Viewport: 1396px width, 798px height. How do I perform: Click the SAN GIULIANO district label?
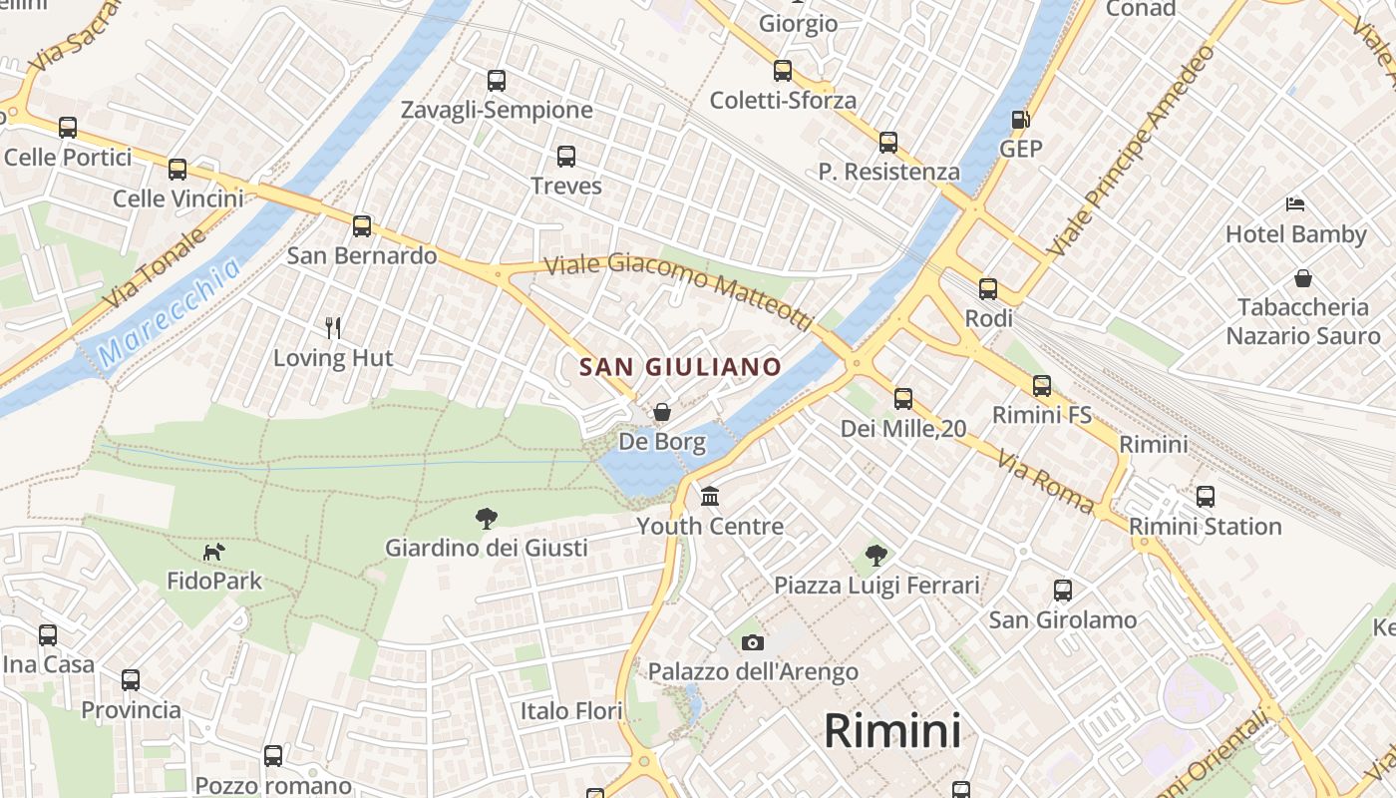click(x=681, y=367)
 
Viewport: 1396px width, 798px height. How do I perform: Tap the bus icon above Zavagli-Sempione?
click(x=496, y=81)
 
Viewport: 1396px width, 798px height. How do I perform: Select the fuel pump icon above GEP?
click(x=1020, y=120)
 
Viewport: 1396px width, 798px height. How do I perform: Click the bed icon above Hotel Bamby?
click(x=1295, y=204)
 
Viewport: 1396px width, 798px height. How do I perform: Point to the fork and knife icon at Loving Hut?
click(x=333, y=327)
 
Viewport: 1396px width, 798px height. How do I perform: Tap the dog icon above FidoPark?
click(x=213, y=551)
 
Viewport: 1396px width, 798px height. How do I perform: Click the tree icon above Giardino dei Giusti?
click(x=487, y=518)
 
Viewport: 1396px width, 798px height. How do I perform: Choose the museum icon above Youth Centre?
click(x=710, y=496)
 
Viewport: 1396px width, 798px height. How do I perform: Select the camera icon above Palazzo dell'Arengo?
click(x=753, y=642)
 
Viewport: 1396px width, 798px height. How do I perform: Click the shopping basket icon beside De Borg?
click(x=661, y=412)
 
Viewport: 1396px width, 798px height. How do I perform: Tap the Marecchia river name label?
click(x=171, y=312)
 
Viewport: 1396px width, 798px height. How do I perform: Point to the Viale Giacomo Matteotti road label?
click(x=679, y=290)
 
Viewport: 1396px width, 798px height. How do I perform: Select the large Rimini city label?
click(x=892, y=731)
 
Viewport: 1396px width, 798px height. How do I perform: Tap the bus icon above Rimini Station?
click(x=1205, y=496)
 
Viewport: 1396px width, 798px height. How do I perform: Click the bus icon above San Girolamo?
click(x=1062, y=590)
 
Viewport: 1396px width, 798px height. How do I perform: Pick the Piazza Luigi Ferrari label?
click(x=876, y=586)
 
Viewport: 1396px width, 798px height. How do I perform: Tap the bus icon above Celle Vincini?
click(x=177, y=169)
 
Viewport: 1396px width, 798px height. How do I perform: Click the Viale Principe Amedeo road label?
click(x=1133, y=150)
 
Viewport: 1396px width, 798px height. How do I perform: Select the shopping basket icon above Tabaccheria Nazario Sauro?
click(x=1302, y=278)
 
